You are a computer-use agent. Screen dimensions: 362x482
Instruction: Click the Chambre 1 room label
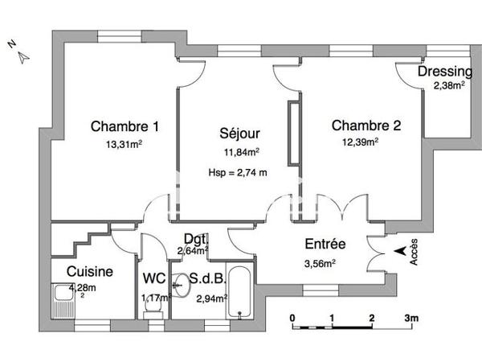(125, 126)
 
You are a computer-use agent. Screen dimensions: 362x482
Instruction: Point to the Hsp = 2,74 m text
(237, 171)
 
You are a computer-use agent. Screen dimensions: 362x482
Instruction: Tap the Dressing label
(444, 72)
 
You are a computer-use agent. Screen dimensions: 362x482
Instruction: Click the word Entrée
(325, 244)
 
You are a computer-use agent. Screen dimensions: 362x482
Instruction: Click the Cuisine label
(89, 272)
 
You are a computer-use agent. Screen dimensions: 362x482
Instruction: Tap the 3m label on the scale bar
(412, 318)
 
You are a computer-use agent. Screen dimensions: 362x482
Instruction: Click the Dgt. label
(196, 239)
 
